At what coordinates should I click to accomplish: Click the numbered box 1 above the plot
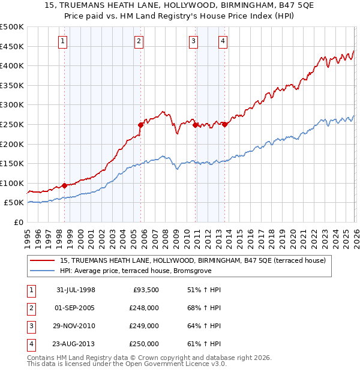pos(64,41)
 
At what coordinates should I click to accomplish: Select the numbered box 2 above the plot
pos(139,41)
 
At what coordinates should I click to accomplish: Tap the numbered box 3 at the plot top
pos(194,41)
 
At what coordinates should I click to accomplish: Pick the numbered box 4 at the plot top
pos(223,41)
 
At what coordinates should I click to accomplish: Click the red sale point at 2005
pos(140,125)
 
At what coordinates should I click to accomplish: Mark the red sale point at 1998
pos(65,186)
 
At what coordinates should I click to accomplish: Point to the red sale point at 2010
pos(196,125)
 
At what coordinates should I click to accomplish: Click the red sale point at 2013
pos(224,124)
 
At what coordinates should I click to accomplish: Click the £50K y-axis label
pos(14,203)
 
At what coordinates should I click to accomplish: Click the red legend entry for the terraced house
pos(192,260)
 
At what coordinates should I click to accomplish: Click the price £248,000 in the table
pos(144,308)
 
